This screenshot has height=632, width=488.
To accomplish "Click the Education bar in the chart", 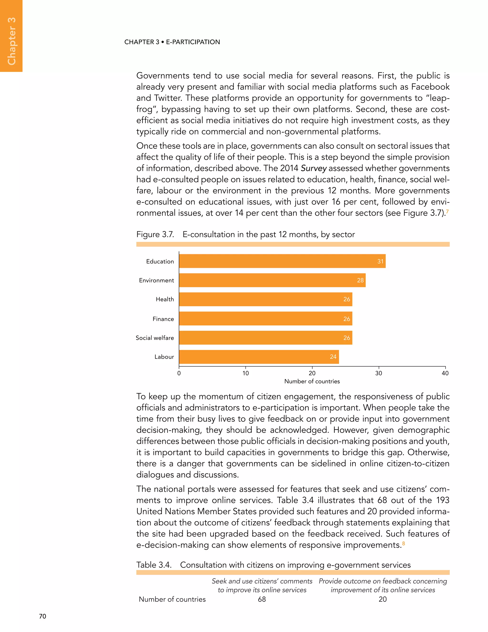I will (282, 261).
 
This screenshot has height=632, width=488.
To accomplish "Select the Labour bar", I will (259, 357).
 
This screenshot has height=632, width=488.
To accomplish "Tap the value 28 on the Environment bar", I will (360, 280).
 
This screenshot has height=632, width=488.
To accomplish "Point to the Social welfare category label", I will (155, 338).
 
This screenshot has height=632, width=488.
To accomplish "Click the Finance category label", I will (163, 319).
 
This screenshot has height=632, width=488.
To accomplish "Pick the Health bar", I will (265, 299).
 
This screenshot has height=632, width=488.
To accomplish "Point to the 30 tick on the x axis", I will (378, 373).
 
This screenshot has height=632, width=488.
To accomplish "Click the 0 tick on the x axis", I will (179, 373).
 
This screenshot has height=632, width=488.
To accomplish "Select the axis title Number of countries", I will (312, 381).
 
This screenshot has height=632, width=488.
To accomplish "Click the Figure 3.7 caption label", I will (155, 234).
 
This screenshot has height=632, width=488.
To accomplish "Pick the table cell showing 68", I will (262, 599).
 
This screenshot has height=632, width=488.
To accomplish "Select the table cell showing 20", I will (382, 599).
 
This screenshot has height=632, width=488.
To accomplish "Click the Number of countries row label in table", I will (172, 599).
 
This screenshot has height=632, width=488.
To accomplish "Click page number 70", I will (42, 616).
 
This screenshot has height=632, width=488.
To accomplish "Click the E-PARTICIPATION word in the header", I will (193, 42).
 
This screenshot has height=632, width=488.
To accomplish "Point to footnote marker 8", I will (404, 544).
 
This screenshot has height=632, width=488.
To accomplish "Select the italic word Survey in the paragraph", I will (314, 168).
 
